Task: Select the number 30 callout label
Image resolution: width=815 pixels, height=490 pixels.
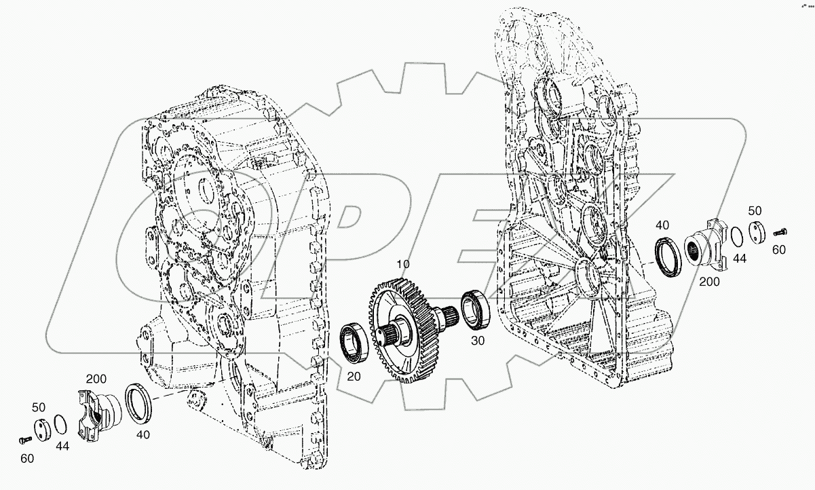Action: click(478, 341)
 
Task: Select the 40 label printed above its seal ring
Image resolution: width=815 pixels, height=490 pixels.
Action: click(662, 225)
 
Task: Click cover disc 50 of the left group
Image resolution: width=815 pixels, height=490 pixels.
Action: click(43, 432)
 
